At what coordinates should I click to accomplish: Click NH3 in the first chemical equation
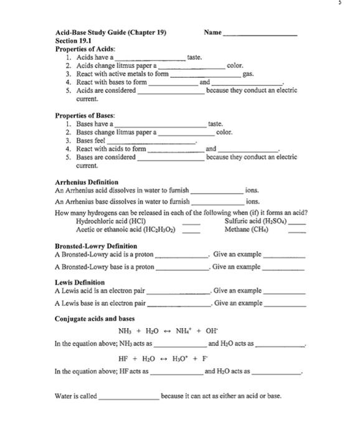pos(125,331)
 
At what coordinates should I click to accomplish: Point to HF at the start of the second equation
pos(124,359)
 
